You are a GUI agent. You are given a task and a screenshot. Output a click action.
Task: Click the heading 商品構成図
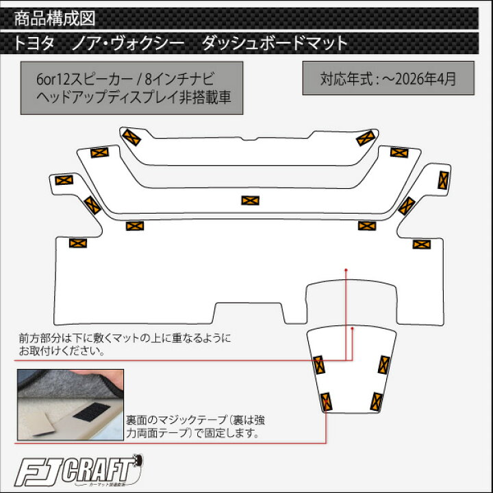coord(55,18)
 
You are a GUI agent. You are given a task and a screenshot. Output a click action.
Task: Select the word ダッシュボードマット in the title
coord(275,43)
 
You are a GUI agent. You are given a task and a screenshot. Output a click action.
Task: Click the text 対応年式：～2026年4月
coord(388,79)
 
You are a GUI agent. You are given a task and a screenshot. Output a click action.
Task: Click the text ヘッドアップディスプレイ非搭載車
coord(134,97)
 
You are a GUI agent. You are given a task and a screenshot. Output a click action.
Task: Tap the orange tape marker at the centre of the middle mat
coord(251,200)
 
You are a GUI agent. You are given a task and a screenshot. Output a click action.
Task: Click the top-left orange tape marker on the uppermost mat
coord(131,137)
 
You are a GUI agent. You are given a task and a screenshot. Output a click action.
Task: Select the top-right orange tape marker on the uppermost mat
coord(366,138)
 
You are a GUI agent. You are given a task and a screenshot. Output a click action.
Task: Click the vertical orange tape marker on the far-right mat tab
coord(443,180)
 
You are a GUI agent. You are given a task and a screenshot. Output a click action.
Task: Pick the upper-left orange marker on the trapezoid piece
coord(319,365)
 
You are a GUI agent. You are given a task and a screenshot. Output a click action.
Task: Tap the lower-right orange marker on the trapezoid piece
coord(377,402)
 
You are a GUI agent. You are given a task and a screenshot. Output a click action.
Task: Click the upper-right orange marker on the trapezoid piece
coord(384,365)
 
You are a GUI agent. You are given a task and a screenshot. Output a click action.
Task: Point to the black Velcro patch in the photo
coord(92,412)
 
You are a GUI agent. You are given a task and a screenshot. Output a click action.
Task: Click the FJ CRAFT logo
coord(79,470)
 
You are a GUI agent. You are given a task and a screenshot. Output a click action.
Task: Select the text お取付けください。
coord(62,351)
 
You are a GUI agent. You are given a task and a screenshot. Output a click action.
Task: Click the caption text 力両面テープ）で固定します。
coord(192,433)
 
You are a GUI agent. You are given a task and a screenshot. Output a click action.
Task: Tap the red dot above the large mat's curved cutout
coord(346,270)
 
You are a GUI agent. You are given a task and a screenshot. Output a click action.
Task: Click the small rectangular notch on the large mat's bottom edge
coord(249,313)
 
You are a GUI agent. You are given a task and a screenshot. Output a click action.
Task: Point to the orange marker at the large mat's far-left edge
coord(78,243)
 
